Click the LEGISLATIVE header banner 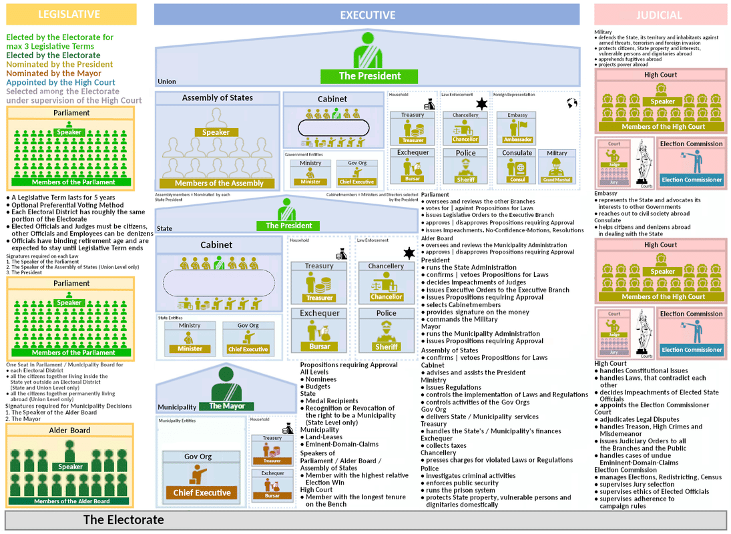(x=69, y=14)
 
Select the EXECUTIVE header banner (x=367, y=15)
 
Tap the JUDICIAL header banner (x=660, y=15)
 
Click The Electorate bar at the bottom (x=365, y=520)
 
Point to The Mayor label (x=227, y=406)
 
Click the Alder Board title (x=69, y=431)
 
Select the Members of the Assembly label (x=219, y=183)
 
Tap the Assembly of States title (x=218, y=98)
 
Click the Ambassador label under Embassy (x=517, y=140)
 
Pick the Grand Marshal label (x=557, y=180)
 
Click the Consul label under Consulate (x=517, y=180)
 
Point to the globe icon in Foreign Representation (x=571, y=103)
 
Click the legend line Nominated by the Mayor (x=53, y=73)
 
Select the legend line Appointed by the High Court (x=61, y=83)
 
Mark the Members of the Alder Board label (x=71, y=501)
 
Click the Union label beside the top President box (x=167, y=81)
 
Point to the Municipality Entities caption (x=177, y=421)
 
